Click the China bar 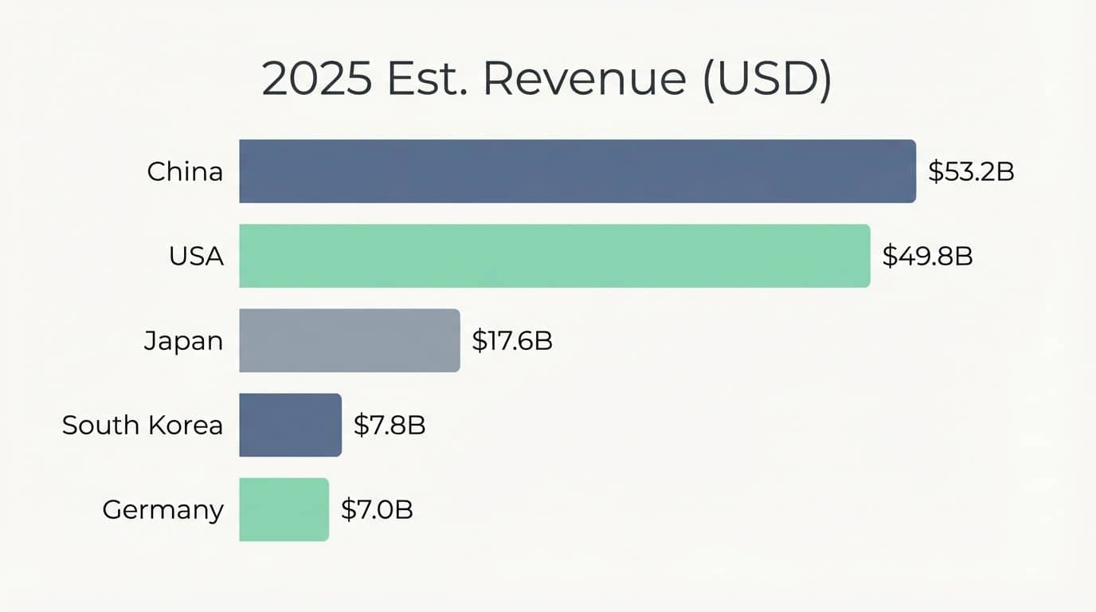[577, 171]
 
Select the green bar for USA [554, 256]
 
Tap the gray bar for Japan [349, 340]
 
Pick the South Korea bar [290, 425]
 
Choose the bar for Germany [284, 509]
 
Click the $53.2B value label [971, 171]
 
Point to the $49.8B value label [927, 256]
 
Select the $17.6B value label [512, 341]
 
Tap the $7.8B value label [389, 426]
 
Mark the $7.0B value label [377, 510]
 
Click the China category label [185, 171]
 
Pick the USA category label [196, 256]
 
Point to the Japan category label [183, 341]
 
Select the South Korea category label [143, 425]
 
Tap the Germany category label [162, 510]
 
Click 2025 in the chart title [316, 80]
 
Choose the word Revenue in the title [584, 80]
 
